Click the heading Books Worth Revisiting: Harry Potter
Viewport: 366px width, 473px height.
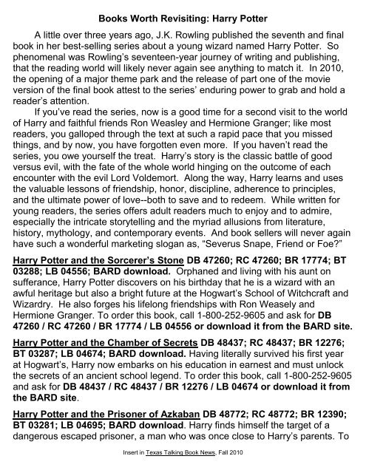tap(182, 9)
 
